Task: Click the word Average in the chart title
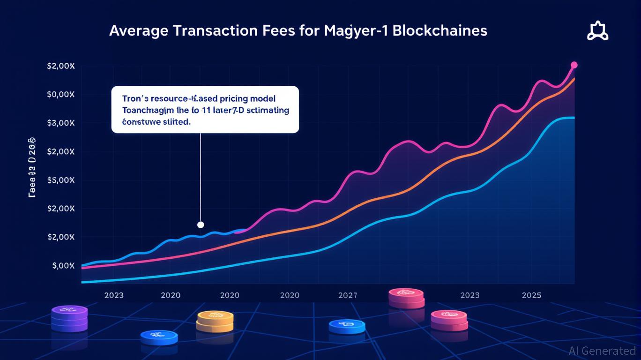(x=139, y=31)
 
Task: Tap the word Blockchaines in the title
(x=440, y=31)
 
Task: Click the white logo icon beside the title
(x=597, y=32)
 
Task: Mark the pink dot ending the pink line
(x=574, y=65)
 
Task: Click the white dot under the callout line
(x=201, y=225)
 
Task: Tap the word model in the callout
(x=262, y=99)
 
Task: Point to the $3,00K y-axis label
(x=61, y=123)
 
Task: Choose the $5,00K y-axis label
(x=61, y=180)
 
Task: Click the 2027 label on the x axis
(x=347, y=295)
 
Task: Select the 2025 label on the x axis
(x=531, y=295)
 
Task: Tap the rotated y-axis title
(x=33, y=167)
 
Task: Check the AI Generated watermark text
(x=602, y=351)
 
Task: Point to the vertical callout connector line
(x=201, y=178)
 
